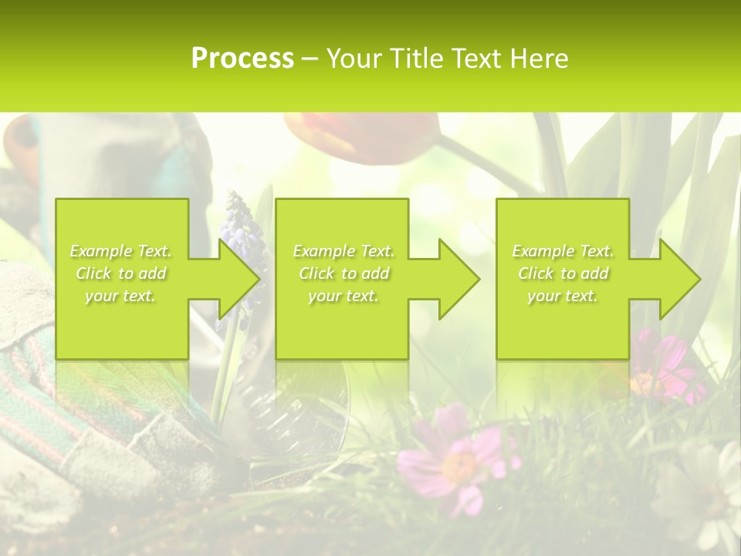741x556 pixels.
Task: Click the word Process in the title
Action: pos(242,59)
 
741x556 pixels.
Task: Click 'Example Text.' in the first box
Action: pos(121,251)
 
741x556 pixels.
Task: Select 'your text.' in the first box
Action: pos(121,296)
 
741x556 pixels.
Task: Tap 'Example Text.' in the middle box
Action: pos(343,251)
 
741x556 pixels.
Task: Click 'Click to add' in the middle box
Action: pos(343,273)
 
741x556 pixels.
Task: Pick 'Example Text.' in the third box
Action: pos(563,251)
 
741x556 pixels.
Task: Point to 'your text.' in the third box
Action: pos(563,296)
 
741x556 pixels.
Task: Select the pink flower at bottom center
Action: pos(455,459)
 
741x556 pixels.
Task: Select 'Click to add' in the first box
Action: pos(121,273)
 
